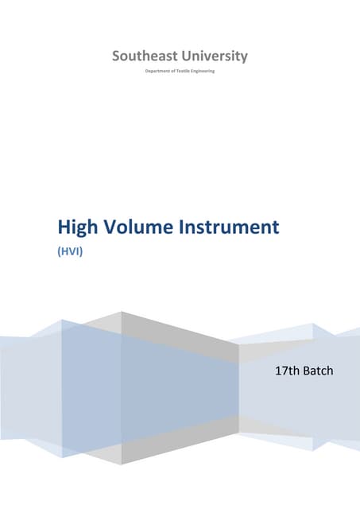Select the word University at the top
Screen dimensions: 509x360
point(213,56)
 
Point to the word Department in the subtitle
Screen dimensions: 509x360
point(157,72)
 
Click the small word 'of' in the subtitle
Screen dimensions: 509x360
point(173,72)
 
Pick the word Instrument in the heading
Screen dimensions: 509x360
point(233,228)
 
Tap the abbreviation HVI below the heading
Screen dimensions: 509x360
point(72,250)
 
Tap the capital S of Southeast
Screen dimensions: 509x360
point(117,56)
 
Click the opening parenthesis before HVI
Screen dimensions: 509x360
point(60,250)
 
